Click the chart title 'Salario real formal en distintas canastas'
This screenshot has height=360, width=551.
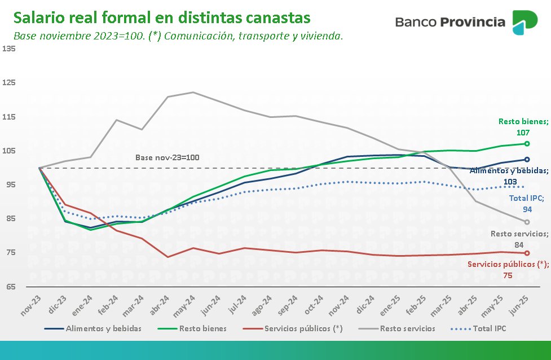point(162,17)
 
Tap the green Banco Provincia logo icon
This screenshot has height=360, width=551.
point(524,22)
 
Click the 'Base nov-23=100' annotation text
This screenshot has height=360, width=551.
point(167,157)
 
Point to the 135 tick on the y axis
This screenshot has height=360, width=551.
point(8,49)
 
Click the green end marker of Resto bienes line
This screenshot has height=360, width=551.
point(527,144)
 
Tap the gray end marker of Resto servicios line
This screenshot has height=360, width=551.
point(527,222)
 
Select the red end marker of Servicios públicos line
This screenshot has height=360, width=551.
point(527,253)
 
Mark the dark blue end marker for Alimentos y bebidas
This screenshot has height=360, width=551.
point(527,160)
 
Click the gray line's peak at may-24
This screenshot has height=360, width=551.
point(193,92)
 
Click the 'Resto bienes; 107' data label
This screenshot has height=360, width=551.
point(523,126)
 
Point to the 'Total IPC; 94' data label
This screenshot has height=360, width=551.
point(527,204)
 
